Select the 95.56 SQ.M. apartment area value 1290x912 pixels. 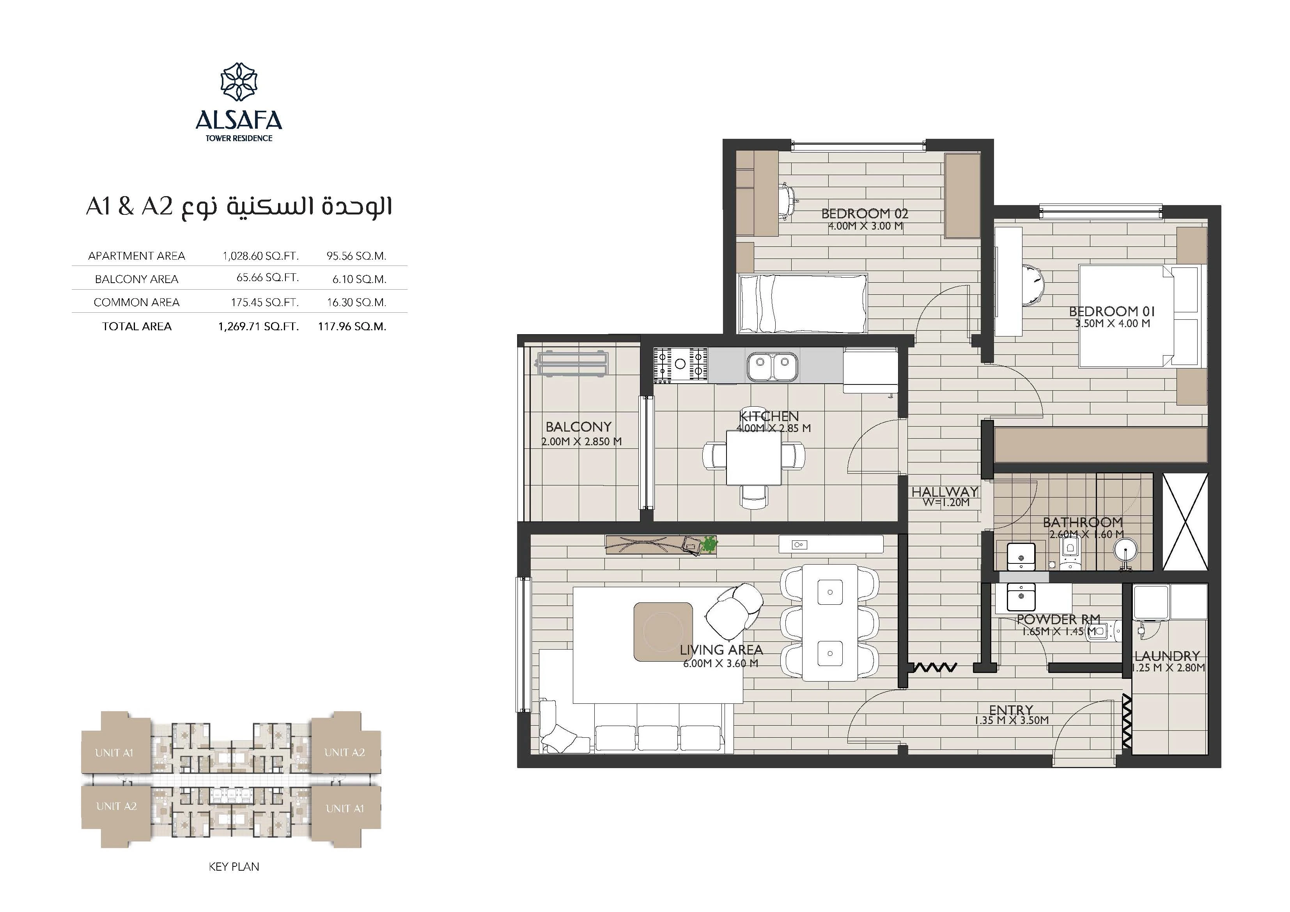(x=356, y=256)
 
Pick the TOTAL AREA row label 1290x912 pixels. (x=136, y=326)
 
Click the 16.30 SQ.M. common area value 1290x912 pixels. (x=356, y=302)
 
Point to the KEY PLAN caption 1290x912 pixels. (x=234, y=866)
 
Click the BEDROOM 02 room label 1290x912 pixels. (x=865, y=214)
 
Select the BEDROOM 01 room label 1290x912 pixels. (x=1112, y=311)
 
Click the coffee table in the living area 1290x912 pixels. (x=663, y=632)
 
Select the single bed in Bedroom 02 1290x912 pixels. (x=803, y=303)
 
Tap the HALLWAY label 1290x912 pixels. (x=945, y=492)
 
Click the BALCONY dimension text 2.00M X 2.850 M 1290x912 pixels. (x=581, y=442)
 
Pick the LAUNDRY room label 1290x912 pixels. (x=1167, y=656)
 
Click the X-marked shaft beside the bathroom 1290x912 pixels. (x=1184, y=521)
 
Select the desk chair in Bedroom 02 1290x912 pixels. (x=788, y=200)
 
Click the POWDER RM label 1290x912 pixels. (x=1058, y=619)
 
